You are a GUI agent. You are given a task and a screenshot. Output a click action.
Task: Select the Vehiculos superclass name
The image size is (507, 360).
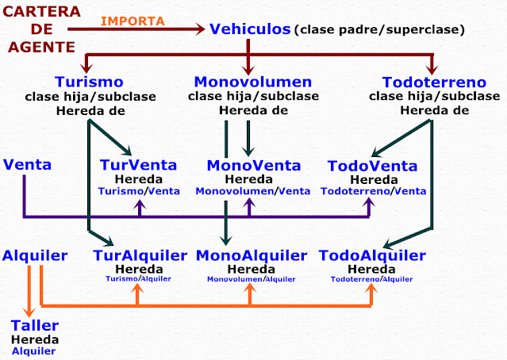coord(250,29)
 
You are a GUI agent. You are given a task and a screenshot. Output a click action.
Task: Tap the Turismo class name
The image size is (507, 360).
coord(89,82)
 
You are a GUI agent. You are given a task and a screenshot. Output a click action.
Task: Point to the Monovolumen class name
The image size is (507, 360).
coord(253,82)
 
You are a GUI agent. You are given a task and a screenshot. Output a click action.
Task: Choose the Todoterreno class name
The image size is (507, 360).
coord(433,82)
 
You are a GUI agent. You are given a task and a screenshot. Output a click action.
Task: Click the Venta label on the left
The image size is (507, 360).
coord(28,165)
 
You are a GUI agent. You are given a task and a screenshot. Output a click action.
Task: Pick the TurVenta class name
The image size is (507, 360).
coord(140,166)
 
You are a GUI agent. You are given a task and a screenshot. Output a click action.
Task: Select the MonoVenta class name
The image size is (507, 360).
coord(254,166)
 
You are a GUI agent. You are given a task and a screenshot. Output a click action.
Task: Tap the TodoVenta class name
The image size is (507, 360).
coord(372,166)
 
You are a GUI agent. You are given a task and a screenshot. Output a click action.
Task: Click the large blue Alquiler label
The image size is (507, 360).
coord(34,255)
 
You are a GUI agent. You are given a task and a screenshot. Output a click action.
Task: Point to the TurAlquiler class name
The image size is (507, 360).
coord(140,255)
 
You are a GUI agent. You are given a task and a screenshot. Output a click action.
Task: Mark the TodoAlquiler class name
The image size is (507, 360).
coord(372,255)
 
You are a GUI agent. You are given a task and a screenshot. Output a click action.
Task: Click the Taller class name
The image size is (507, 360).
coord(34,326)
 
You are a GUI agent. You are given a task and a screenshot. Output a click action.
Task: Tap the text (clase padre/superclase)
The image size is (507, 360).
coord(379,31)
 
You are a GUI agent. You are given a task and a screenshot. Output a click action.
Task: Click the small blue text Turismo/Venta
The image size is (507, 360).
coord(139,191)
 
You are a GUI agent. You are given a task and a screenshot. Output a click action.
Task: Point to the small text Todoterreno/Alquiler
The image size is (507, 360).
coord(371,279)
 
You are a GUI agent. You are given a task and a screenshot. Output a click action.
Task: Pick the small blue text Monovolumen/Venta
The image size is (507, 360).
coord(253,191)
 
